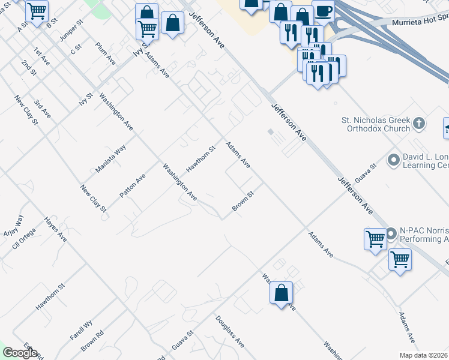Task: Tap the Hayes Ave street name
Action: (x=55, y=229)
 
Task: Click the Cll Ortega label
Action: (x=24, y=238)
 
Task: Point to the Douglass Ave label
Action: (x=230, y=332)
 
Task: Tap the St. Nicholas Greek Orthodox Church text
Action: (x=375, y=124)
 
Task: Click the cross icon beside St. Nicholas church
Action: (x=419, y=124)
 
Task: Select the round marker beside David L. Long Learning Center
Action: (x=394, y=160)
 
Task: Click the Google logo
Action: (x=20, y=353)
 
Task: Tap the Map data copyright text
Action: (x=423, y=355)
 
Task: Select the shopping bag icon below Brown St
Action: (x=281, y=293)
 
